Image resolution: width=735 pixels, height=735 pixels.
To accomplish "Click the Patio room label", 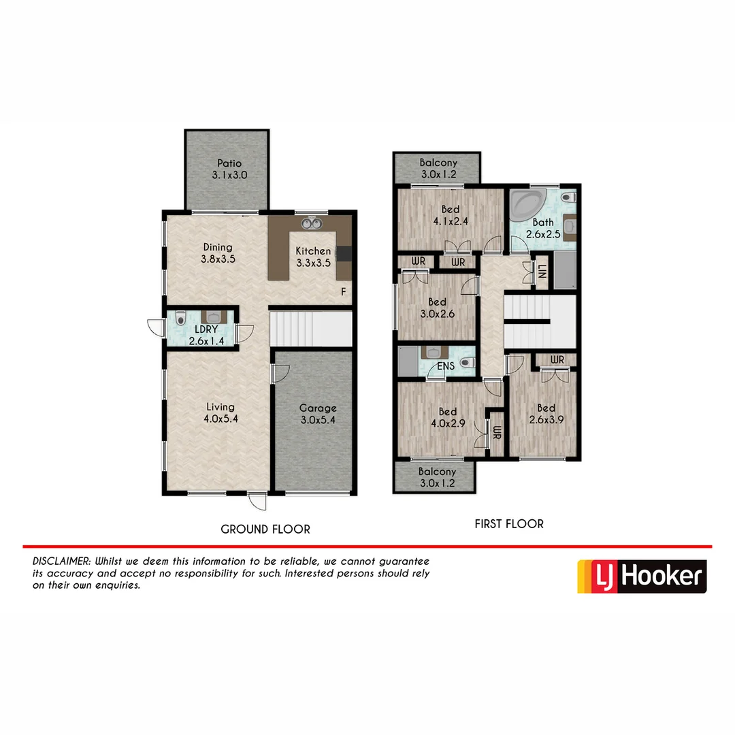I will point(229,169).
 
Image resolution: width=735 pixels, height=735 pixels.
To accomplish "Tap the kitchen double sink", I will point(311,223).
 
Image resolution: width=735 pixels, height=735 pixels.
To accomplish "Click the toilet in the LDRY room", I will point(180,318).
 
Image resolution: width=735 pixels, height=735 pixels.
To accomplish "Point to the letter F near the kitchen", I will point(344,292).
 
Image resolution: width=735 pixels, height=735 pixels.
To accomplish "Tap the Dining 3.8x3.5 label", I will point(218,252).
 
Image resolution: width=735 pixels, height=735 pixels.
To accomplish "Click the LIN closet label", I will point(542,272).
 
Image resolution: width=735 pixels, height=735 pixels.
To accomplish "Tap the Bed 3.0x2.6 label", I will point(437,308).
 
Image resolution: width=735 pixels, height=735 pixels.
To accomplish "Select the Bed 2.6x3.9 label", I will point(546,414).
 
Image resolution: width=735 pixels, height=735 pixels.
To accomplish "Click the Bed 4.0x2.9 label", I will point(447,417).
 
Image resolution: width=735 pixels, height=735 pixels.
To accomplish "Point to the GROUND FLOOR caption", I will point(265,529).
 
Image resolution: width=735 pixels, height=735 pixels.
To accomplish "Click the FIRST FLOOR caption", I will point(509,524).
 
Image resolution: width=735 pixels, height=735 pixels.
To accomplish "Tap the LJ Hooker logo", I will point(642,576).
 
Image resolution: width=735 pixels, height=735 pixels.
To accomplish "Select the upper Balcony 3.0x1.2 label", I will point(438,169).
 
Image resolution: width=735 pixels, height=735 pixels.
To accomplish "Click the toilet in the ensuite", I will point(467,364).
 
